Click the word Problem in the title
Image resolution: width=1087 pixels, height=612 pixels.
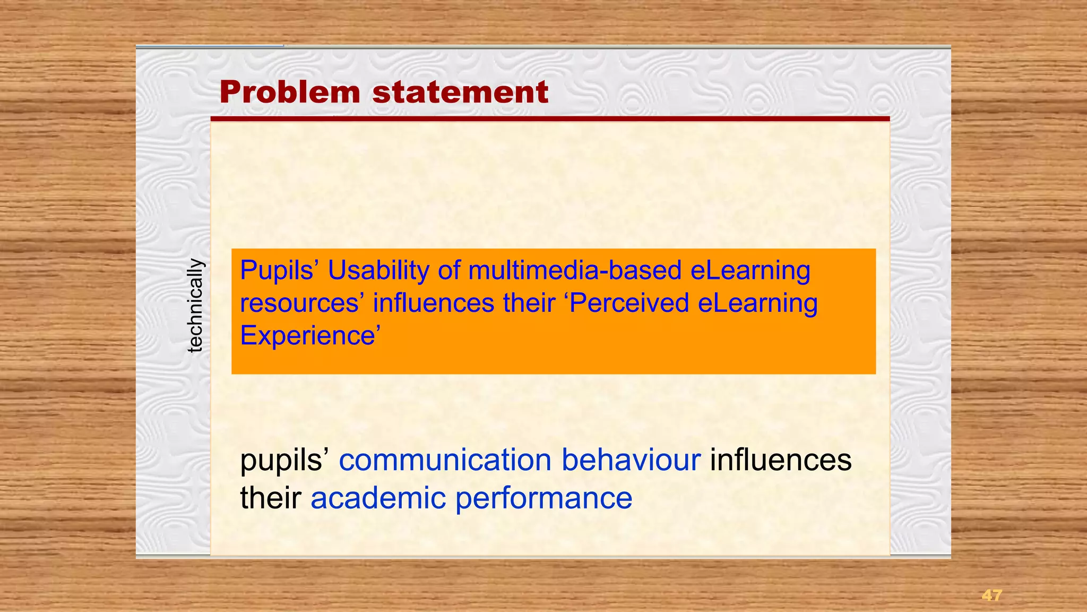point(290,92)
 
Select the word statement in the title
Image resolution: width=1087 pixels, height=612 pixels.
point(460,92)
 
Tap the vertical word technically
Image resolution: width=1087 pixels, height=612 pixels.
point(195,305)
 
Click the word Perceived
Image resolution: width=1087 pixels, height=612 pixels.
point(628,303)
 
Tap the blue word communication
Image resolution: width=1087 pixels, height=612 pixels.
point(445,460)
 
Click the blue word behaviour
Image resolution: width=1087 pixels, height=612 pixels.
point(631,460)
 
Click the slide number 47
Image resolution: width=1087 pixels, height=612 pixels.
point(991,596)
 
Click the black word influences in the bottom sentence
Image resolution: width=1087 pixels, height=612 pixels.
point(781,460)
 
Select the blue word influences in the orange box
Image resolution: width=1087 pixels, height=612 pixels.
point(434,303)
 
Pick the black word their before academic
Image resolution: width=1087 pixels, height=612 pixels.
point(271,498)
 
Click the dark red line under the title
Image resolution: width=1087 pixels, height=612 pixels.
point(550,119)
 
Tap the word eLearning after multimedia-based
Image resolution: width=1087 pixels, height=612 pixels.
point(750,270)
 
